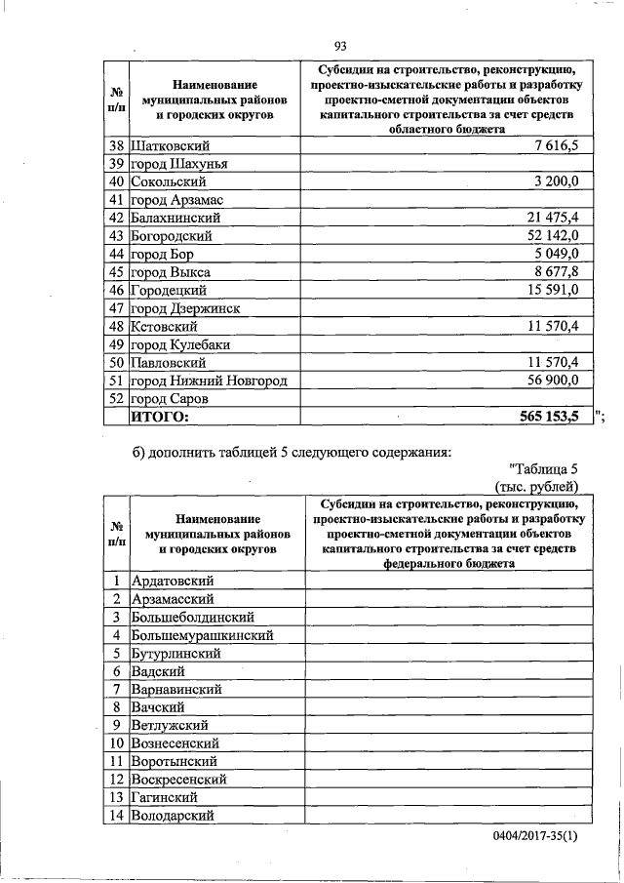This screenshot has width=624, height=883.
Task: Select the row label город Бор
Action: (x=163, y=254)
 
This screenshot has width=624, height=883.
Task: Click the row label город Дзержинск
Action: (x=185, y=308)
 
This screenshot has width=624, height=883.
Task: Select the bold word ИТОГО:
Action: (x=159, y=418)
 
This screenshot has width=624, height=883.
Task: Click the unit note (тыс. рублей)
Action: (x=537, y=486)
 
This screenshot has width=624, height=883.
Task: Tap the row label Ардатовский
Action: (x=173, y=581)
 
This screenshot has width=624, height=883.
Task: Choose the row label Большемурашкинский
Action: (x=202, y=635)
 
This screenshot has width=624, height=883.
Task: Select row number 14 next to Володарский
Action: (x=116, y=816)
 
